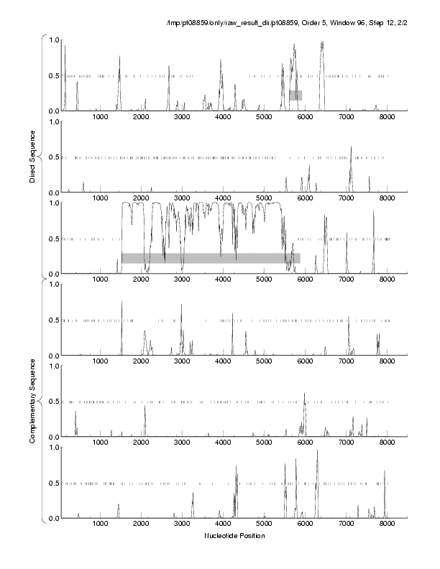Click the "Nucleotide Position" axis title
(234, 536)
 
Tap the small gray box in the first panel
(295, 95)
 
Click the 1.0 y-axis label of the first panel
(54, 40)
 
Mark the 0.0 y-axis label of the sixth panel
(54, 518)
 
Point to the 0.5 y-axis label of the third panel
(54, 239)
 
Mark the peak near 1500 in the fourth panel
(122, 302)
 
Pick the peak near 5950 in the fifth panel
(305, 394)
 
